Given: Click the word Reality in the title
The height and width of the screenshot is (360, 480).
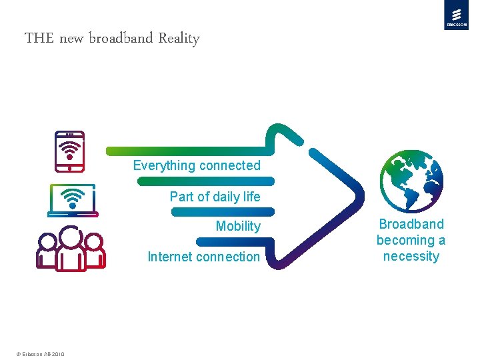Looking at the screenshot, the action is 179,38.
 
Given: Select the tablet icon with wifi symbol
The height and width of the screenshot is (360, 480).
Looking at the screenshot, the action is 69,150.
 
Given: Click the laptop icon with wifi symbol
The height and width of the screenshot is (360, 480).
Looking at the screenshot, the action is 73,200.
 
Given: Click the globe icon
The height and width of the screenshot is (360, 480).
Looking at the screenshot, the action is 411,177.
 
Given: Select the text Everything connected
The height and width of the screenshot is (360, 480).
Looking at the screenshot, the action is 197,165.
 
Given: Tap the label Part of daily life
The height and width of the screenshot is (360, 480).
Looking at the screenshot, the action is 215,196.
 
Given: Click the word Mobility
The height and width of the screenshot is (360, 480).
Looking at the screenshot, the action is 238,226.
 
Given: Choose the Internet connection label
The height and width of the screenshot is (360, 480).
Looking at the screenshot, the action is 203,257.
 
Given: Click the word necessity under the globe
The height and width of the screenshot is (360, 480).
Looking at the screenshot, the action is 411,256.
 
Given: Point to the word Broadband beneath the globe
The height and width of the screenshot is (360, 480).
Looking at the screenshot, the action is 411,224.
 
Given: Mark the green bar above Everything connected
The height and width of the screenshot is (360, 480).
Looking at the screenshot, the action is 190,150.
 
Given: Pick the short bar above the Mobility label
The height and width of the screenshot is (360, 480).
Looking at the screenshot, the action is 223,211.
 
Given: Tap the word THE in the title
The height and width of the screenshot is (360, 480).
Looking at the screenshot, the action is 39,38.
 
